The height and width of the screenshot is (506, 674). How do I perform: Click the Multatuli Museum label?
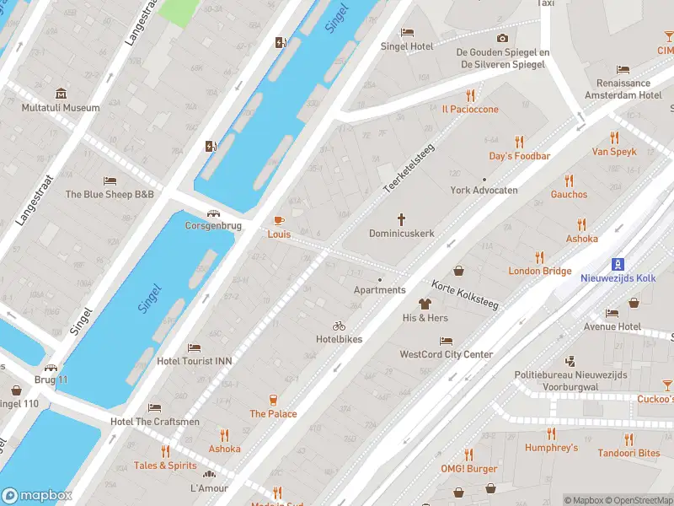pos(61,108)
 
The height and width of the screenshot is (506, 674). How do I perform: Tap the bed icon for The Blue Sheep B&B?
pos(110,180)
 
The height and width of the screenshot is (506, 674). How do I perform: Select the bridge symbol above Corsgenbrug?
pos(214,213)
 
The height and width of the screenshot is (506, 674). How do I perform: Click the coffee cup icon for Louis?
pos(278,220)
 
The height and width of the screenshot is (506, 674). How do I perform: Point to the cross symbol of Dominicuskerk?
pos(402,218)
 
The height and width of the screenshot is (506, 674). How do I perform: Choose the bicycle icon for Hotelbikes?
pos(339,326)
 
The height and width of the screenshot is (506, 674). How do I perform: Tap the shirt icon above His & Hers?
pos(425,304)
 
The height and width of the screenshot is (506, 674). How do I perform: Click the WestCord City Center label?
pos(446,354)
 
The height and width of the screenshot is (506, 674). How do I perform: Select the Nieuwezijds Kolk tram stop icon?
pos(618,263)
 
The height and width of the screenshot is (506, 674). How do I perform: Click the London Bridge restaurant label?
pos(539,271)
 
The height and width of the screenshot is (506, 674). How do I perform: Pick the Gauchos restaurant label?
pos(569,195)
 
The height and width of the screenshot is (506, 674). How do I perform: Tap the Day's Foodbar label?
pos(520,156)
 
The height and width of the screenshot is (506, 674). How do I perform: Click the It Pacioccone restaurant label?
pos(470,110)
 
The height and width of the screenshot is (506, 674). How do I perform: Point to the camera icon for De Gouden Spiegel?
pos(502,38)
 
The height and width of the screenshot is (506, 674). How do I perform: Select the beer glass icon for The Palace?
pos(273,400)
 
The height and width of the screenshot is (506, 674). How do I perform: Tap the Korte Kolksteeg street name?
pos(466,295)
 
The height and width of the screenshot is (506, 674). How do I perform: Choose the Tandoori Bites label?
pos(628,453)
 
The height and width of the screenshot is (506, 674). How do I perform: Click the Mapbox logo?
pos(36,496)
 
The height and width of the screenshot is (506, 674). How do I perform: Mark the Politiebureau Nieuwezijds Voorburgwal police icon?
pos(570,361)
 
